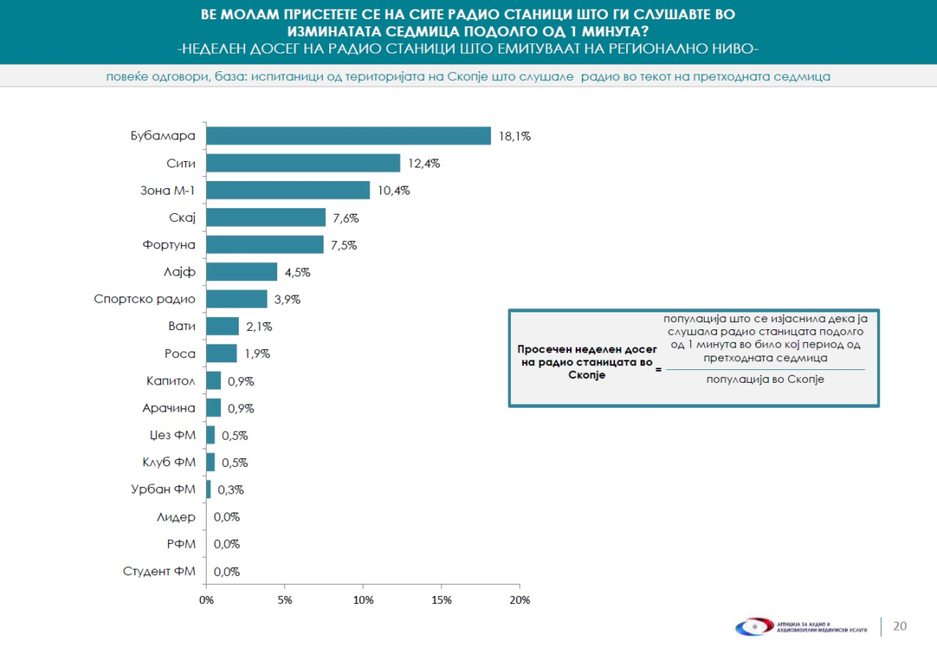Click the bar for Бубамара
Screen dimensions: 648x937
pyautogui.click(x=348, y=136)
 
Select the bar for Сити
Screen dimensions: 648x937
pyautogui.click(x=303, y=163)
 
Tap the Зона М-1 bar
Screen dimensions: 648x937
pyautogui.click(x=288, y=191)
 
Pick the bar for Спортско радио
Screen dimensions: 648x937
pyautogui.click(x=236, y=300)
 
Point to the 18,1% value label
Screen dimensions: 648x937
pyautogui.click(x=515, y=136)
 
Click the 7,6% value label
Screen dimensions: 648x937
pyautogui.click(x=346, y=218)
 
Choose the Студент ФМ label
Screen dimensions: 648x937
pyautogui.click(x=159, y=572)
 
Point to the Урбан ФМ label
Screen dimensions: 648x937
pyautogui.click(x=163, y=490)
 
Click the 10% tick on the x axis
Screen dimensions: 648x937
pyautogui.click(x=364, y=600)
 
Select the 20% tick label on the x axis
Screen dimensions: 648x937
pyautogui.click(x=520, y=600)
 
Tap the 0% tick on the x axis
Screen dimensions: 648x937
pyautogui.click(x=207, y=600)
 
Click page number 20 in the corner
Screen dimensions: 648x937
pyautogui.click(x=900, y=626)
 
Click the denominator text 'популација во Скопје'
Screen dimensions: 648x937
pyautogui.click(x=765, y=380)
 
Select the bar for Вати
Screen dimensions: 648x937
pyautogui.click(x=223, y=327)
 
